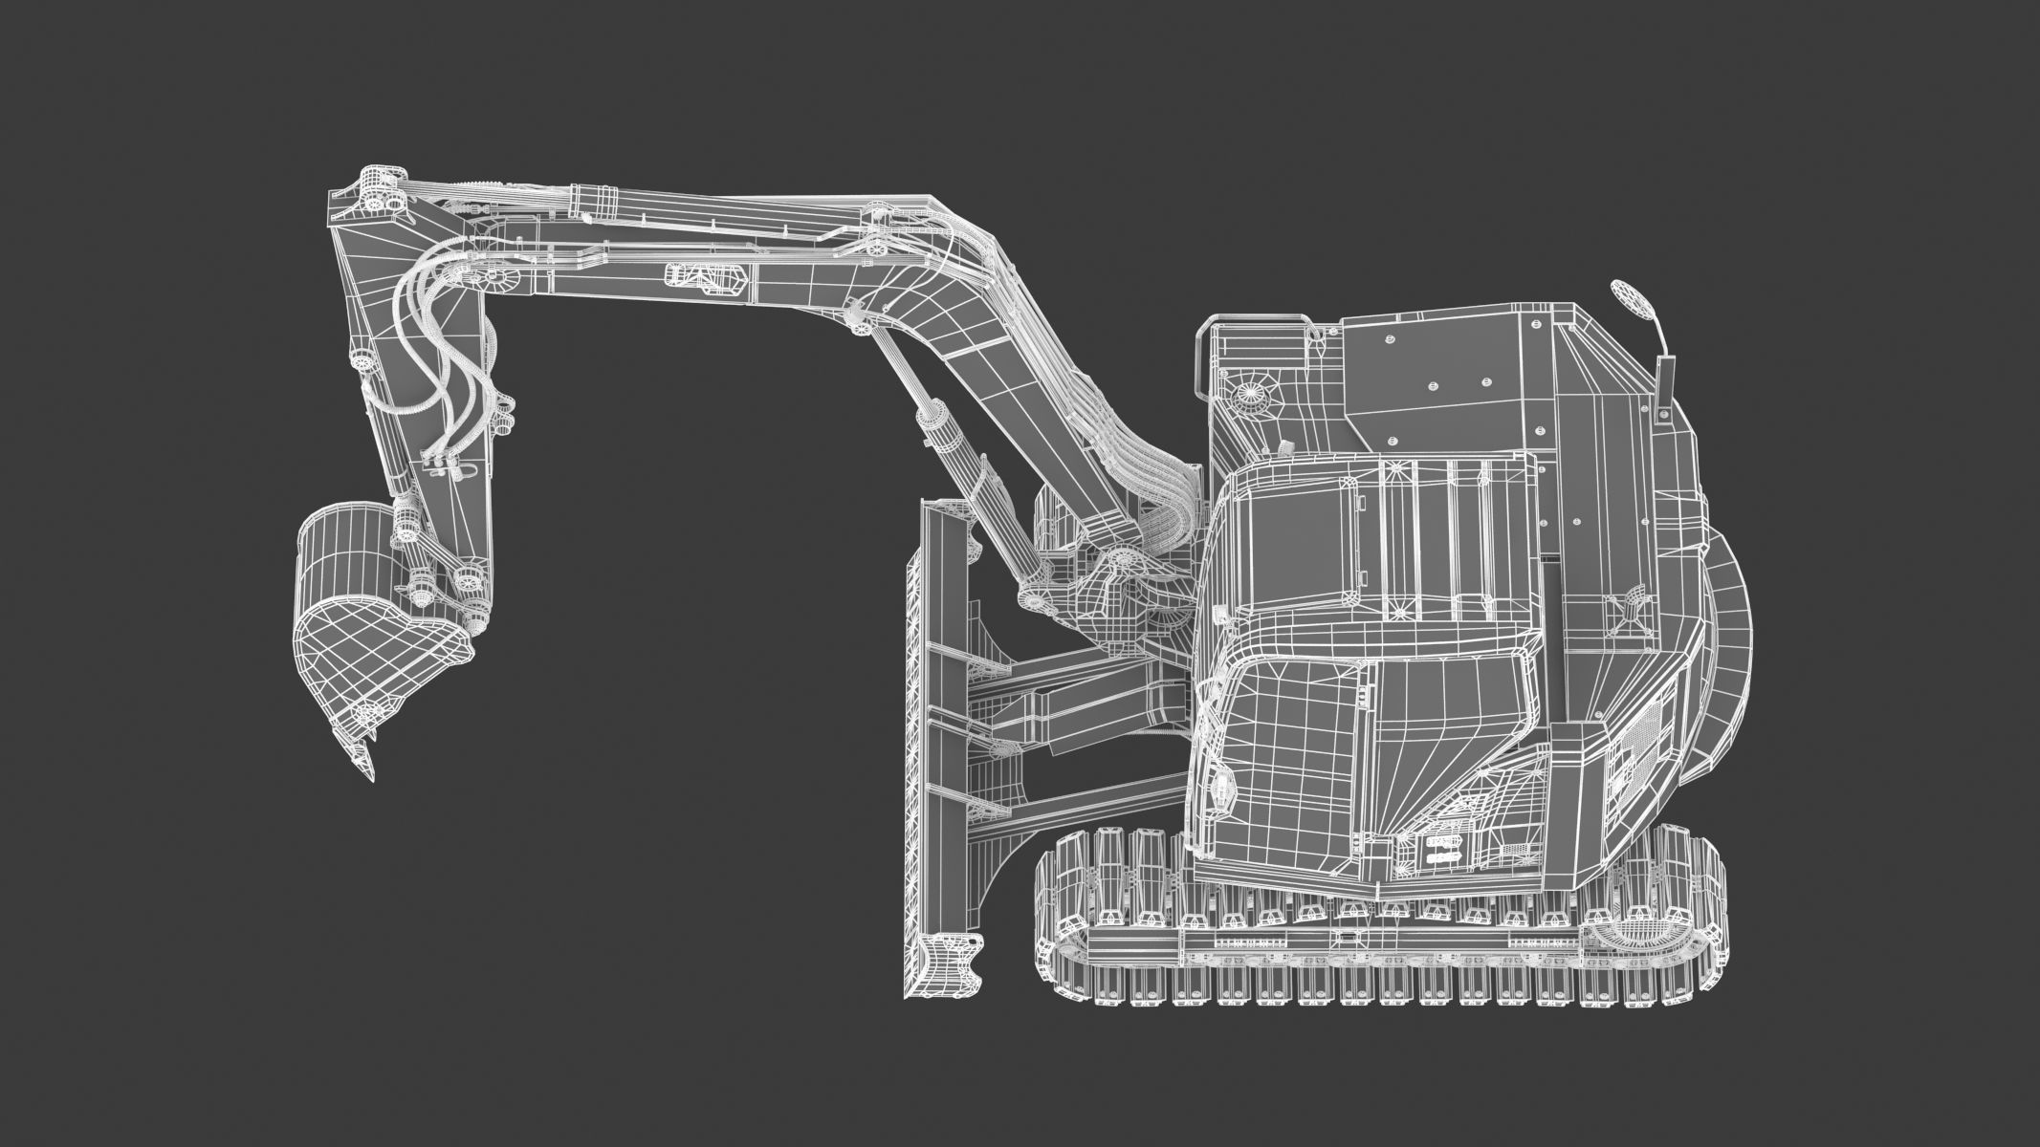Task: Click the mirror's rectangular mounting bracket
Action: coord(1661,378)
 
